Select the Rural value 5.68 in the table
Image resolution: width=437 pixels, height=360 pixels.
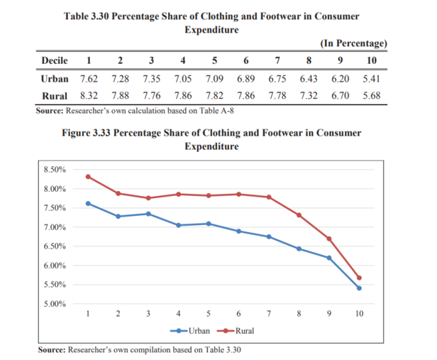pyautogui.click(x=372, y=95)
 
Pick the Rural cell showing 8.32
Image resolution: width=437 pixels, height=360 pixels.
pyautogui.click(x=89, y=95)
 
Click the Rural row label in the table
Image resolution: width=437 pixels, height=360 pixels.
pyautogui.click(x=54, y=95)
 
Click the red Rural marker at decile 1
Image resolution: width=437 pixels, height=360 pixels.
pyautogui.click(x=88, y=177)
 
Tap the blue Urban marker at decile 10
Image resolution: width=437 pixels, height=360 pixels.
pyautogui.click(x=360, y=288)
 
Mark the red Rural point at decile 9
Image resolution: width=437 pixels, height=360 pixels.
pyautogui.click(x=329, y=239)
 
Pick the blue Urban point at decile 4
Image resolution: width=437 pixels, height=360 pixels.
pyautogui.click(x=178, y=225)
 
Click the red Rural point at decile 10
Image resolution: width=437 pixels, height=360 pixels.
pyautogui.click(x=360, y=278)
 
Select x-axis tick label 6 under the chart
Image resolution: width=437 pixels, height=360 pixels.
pyautogui.click(x=239, y=312)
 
